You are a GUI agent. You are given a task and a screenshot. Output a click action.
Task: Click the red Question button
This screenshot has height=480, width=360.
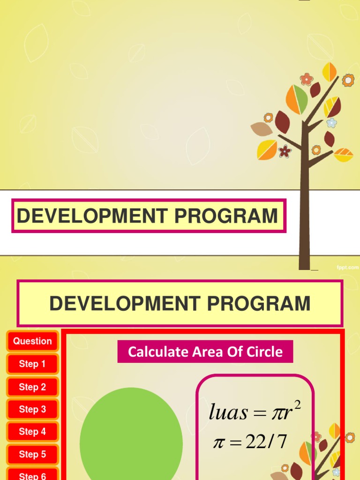pos(32,341)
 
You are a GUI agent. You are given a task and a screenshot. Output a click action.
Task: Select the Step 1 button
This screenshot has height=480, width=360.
pos(32,364)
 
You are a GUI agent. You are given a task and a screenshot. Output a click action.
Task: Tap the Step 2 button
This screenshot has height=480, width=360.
pos(32,387)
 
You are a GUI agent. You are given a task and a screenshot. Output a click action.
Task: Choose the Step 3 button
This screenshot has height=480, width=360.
pos(32,409)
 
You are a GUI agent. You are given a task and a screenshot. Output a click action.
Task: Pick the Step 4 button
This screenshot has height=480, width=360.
pos(32,431)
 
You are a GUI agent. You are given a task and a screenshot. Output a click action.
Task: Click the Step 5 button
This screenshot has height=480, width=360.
pos(32,454)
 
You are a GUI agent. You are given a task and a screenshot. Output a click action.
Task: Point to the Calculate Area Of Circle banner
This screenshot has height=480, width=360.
pos(205,352)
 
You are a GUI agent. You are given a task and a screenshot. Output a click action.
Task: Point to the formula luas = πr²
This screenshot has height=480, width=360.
pos(255,411)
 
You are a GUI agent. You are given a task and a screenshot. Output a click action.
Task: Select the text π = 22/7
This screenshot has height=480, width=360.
pos(250,442)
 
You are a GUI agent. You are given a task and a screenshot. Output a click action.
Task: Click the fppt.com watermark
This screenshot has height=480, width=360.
pos(347,268)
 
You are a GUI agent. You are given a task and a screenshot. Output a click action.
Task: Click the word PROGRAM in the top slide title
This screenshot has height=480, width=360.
pos(226,216)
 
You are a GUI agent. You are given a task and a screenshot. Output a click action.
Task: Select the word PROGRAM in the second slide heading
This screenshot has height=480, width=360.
pos(259,303)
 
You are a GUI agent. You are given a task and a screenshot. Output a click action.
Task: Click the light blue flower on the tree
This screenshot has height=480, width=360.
pos(331,123)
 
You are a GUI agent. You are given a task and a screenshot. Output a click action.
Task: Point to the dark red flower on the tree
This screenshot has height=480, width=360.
pos(285,151)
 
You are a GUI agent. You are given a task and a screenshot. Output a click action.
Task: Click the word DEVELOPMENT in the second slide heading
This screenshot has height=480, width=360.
pos(125,303)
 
